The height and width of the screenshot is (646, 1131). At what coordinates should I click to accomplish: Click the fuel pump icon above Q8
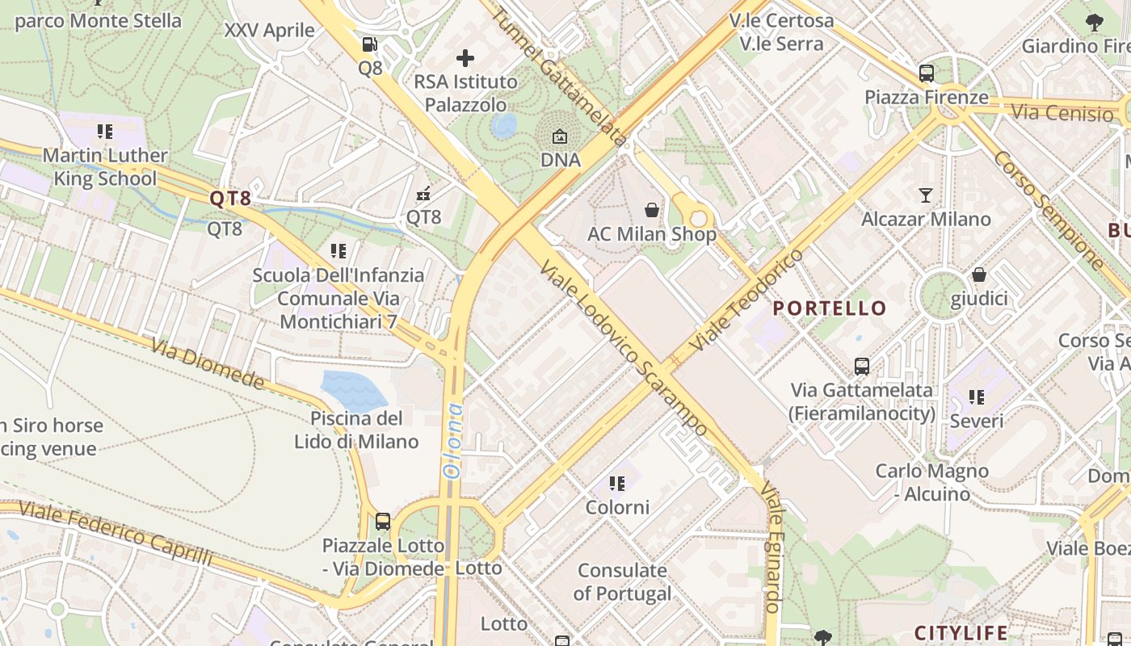pos(369,44)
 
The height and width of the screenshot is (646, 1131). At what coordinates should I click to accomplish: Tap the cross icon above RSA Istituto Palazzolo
pos(465,58)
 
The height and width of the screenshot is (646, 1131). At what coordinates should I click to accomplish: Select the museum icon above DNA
pos(560,136)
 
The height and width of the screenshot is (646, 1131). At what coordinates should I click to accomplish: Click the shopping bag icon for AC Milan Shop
pos(652,211)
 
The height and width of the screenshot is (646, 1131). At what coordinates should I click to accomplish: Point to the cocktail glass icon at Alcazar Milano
pos(926,195)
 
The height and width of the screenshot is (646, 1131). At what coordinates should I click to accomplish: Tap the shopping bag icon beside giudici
pos(979,275)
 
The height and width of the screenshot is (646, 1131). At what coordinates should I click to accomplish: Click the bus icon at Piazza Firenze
pos(927,73)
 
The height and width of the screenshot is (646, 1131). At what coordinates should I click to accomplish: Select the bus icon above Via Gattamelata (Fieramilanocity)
pos(862,367)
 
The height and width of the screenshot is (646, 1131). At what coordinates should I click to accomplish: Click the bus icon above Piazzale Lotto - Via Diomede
pos(383,522)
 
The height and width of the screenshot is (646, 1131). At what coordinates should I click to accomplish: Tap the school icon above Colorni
pos(617,484)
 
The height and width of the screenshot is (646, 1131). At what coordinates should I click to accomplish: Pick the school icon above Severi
pos(977,397)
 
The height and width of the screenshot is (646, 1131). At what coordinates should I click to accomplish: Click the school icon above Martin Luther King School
pos(104,132)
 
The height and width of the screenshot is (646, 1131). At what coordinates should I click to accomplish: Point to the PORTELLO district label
pos(830,308)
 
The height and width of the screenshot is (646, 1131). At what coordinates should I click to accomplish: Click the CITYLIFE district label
pos(961,632)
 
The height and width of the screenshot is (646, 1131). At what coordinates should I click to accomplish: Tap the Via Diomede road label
pos(208,363)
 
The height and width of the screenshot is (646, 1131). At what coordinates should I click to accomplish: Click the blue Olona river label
pos(453,441)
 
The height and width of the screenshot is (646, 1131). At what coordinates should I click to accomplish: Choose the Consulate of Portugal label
pos(622,582)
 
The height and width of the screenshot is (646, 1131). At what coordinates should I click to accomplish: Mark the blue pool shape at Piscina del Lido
pos(354,391)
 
